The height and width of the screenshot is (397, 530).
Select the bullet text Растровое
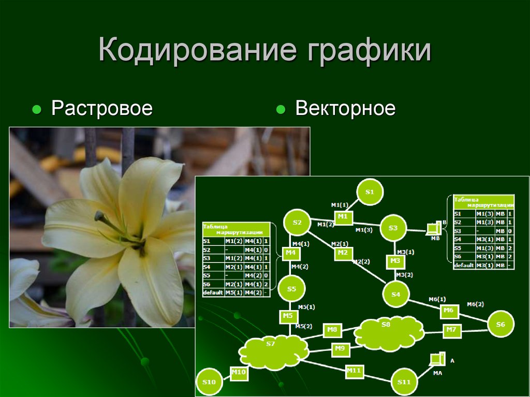click(101, 109)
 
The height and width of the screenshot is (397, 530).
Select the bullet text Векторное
click(345, 109)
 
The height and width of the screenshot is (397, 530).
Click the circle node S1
click(369, 193)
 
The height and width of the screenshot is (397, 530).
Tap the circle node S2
click(297, 223)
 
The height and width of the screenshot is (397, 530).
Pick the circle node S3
click(393, 228)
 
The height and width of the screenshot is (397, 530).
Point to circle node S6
click(500, 324)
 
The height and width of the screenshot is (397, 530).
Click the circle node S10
click(209, 382)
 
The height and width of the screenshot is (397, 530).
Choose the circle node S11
click(404, 382)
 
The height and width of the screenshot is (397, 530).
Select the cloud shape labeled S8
click(387, 332)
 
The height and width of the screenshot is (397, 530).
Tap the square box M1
click(342, 216)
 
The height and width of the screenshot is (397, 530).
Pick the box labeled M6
click(448, 311)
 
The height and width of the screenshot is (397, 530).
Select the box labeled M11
click(354, 371)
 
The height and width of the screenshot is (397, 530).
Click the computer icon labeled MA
click(438, 359)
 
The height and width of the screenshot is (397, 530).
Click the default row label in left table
click(213, 293)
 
